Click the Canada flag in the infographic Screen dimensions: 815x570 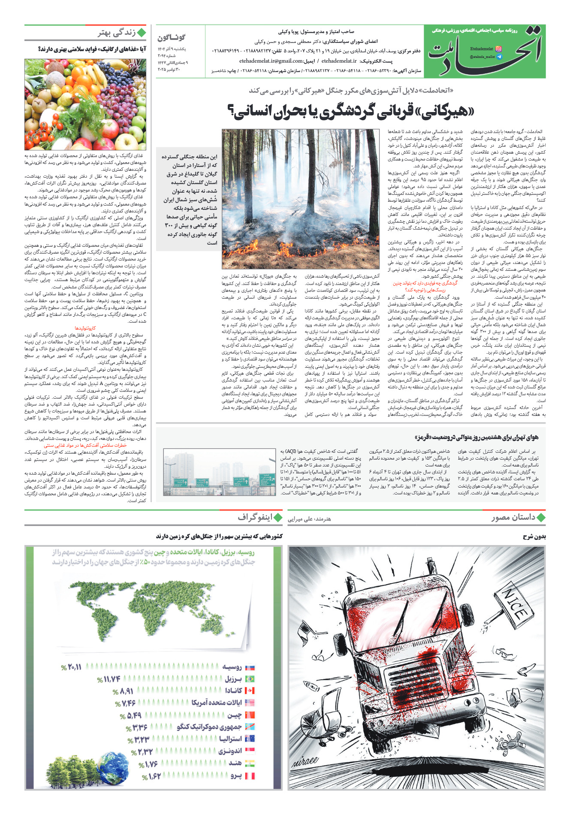(249, 691)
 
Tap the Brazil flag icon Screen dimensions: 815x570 (249, 679)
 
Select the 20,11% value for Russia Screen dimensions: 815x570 (71, 667)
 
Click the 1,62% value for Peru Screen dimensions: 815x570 (151, 776)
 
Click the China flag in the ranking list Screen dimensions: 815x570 (249, 715)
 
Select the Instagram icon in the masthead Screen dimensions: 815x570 (498, 49)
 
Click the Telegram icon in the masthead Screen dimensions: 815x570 (498, 57)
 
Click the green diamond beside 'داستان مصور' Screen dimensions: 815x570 (541, 517)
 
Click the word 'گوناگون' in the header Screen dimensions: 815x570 (172, 37)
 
